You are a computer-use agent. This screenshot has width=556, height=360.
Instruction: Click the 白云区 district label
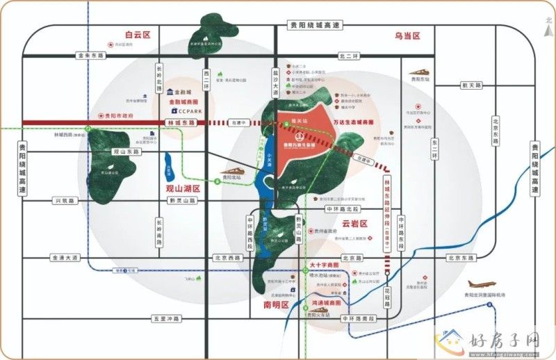coord(138,34)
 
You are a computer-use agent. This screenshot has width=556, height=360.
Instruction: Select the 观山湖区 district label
coord(183,188)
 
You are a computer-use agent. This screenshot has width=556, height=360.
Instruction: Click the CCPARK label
coord(188,111)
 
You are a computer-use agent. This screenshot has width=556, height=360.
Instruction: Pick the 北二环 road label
coord(347,55)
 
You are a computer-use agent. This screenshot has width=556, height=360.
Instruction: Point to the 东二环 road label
coord(434,149)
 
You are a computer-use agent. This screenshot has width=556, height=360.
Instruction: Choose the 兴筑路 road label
coord(67,200)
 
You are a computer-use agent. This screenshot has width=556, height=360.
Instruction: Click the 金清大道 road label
coord(65,258)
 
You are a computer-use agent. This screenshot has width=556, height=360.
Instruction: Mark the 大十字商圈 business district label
coord(324,265)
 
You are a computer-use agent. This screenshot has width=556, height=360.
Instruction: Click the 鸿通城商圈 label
coord(326,304)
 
